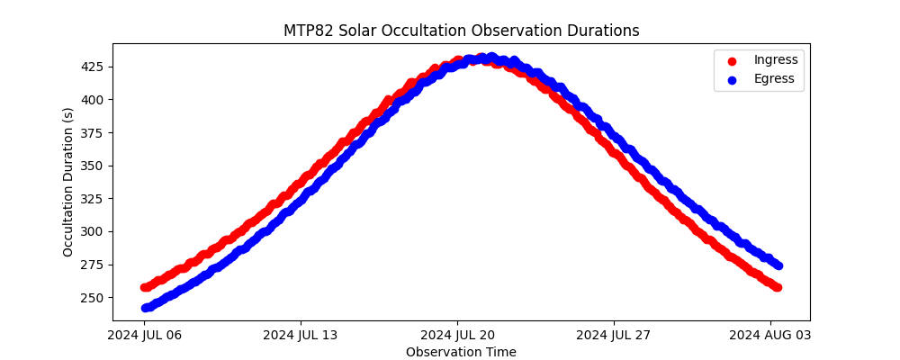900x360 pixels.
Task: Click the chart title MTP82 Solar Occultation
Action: click(375, 31)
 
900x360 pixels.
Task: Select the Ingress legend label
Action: click(776, 59)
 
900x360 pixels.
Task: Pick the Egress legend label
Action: click(774, 79)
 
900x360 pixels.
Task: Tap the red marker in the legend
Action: click(732, 61)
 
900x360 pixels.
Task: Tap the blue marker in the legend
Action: click(732, 80)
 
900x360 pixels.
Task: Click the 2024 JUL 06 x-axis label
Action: click(144, 335)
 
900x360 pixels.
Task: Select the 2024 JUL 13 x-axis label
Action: click(301, 335)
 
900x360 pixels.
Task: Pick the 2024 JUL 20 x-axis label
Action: click(457, 335)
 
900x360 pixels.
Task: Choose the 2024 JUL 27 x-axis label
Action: click(614, 335)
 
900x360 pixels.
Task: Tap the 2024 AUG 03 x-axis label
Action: click(770, 335)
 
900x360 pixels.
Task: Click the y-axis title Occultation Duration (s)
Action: click(68, 182)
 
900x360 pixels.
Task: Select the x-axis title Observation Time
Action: click(461, 352)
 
